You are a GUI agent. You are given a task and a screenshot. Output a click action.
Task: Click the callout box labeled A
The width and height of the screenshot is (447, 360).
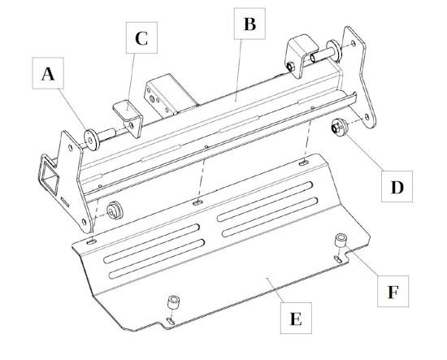pos(48,73)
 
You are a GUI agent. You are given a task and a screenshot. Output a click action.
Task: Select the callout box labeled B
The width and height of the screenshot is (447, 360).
pos(250,24)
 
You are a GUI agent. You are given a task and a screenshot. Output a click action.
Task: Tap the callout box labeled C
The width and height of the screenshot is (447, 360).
pos(141,37)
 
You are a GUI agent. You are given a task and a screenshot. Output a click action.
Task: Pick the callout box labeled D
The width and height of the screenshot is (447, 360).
pos(397,187)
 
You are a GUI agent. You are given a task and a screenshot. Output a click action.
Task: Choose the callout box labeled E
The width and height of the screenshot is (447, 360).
pos(296,318)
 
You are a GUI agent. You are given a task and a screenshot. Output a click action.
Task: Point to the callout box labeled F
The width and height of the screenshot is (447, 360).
pos(393,291)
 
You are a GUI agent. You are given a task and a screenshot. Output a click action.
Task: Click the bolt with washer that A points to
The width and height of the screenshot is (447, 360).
pos(98,137)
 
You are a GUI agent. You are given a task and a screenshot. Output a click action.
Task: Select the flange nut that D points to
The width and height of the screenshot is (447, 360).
pos(339,127)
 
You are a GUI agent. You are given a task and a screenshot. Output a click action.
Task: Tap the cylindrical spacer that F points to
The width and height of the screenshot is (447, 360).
pos(341,240)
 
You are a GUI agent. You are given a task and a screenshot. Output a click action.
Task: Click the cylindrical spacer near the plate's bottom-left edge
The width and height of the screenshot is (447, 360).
pos(174,302)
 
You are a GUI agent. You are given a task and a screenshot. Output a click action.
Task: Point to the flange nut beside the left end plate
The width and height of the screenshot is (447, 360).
pos(115,210)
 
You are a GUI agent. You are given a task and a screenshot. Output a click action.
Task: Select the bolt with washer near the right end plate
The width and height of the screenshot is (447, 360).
pos(326,51)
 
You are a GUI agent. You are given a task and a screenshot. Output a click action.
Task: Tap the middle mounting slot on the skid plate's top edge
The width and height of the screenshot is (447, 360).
pos(197,202)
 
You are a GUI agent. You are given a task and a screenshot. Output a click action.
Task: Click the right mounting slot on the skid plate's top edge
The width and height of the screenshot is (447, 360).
pos(304,163)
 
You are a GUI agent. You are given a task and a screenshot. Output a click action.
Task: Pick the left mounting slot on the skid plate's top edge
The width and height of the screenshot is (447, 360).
pos(92,242)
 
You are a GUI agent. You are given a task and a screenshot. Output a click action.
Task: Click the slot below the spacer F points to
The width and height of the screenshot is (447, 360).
pos(338,258)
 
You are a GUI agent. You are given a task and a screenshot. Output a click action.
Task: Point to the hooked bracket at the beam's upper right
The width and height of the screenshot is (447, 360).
pos(301,55)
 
